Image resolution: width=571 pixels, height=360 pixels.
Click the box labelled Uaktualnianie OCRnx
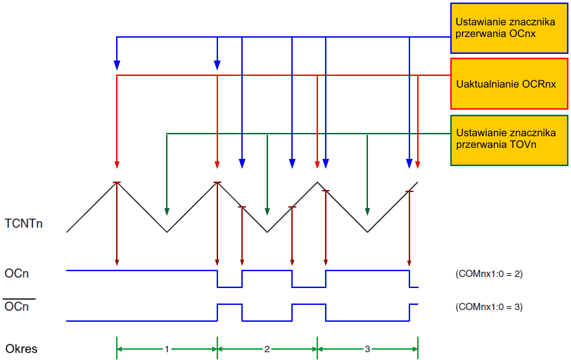[x=510, y=84]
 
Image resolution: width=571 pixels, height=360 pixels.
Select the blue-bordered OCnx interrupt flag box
[x=510, y=28]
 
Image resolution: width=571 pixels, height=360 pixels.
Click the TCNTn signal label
[x=25, y=224]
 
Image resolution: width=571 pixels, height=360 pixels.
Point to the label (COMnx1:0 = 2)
[x=489, y=274]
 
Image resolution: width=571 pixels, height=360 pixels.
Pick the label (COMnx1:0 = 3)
[x=489, y=307]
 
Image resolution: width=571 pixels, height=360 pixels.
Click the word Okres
[x=21, y=349]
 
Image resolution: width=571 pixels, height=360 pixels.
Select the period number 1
[x=167, y=349]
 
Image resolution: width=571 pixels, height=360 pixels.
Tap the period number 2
[x=267, y=349]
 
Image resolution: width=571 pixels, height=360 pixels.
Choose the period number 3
[x=367, y=349]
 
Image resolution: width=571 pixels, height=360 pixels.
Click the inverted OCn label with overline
[x=17, y=307]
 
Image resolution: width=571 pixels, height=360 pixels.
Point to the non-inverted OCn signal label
[x=17, y=274]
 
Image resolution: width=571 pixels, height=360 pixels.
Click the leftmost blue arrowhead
[x=117, y=64]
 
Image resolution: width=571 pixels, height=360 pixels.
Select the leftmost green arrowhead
[x=167, y=210]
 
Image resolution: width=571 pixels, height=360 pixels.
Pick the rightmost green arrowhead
[x=367, y=210]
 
